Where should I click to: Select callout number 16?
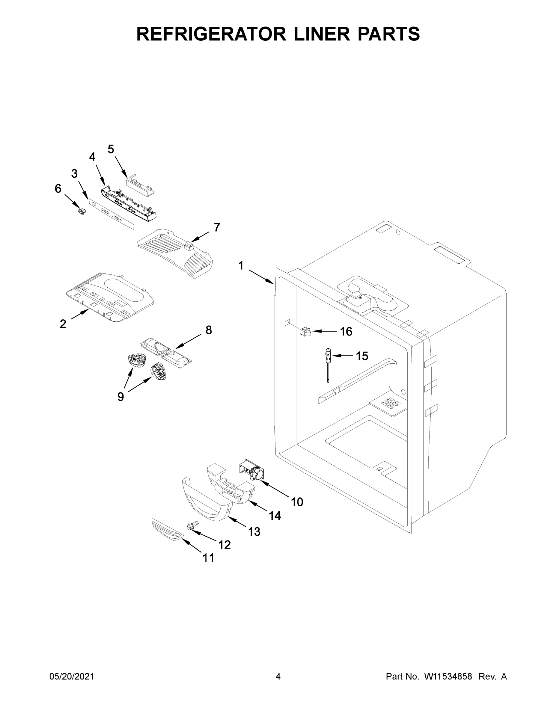[346, 332]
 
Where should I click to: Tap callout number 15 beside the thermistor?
[362, 356]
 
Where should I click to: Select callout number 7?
[217, 227]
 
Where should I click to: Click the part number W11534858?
[448, 676]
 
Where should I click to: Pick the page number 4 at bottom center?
[278, 676]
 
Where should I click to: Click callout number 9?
[120, 397]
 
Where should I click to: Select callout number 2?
[63, 324]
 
